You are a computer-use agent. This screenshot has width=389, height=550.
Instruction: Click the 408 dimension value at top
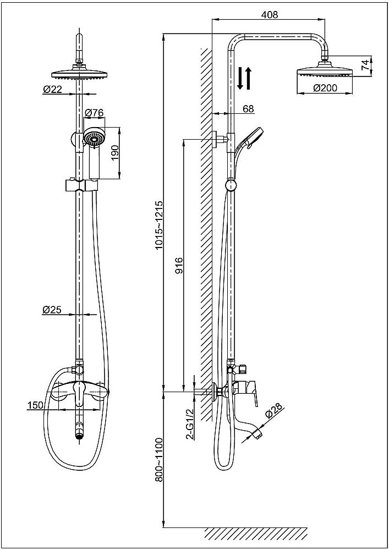[x=269, y=15]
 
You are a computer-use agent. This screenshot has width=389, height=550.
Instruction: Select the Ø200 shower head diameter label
[x=325, y=87]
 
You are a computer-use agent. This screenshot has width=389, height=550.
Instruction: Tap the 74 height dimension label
[x=365, y=65]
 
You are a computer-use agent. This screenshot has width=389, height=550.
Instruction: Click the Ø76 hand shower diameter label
[x=95, y=113]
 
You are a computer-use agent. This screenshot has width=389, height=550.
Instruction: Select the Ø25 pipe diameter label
[x=52, y=310]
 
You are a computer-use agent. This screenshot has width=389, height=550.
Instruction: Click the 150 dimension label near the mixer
[x=35, y=405]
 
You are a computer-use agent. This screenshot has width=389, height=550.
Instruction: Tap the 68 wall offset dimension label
[x=248, y=108]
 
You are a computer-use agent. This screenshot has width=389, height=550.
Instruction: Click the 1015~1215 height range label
[x=159, y=226]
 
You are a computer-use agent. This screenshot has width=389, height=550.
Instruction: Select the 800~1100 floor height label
[x=159, y=460]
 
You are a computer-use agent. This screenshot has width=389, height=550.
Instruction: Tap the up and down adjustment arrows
[x=244, y=78]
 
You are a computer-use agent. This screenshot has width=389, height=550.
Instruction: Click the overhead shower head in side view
[x=325, y=73]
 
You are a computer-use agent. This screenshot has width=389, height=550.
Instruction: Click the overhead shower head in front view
[x=80, y=74]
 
